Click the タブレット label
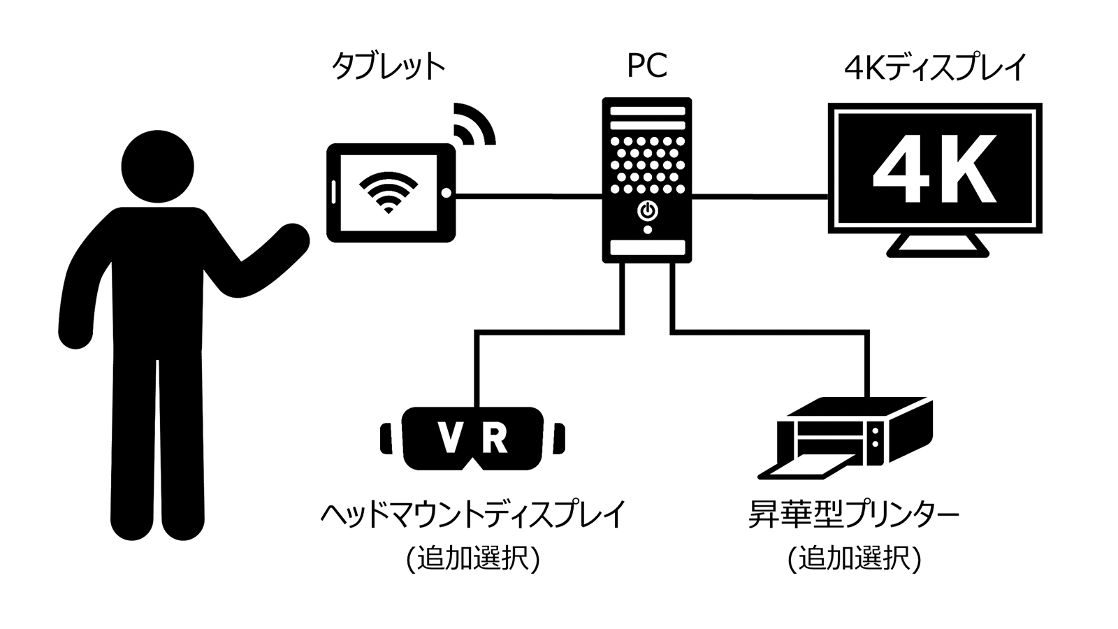pos(388,67)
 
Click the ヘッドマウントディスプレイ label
pos(473,516)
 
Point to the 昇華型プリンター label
pos(853,516)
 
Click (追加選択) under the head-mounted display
pos(473,560)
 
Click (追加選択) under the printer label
pos(854,560)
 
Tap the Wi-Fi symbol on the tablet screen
pos(388,191)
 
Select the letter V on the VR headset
pos(449,438)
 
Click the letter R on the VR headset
pos(494,438)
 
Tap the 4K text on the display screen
pos(934,168)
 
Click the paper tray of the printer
pos(804,470)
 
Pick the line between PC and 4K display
pos(760,196)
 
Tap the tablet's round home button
pos(446,193)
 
